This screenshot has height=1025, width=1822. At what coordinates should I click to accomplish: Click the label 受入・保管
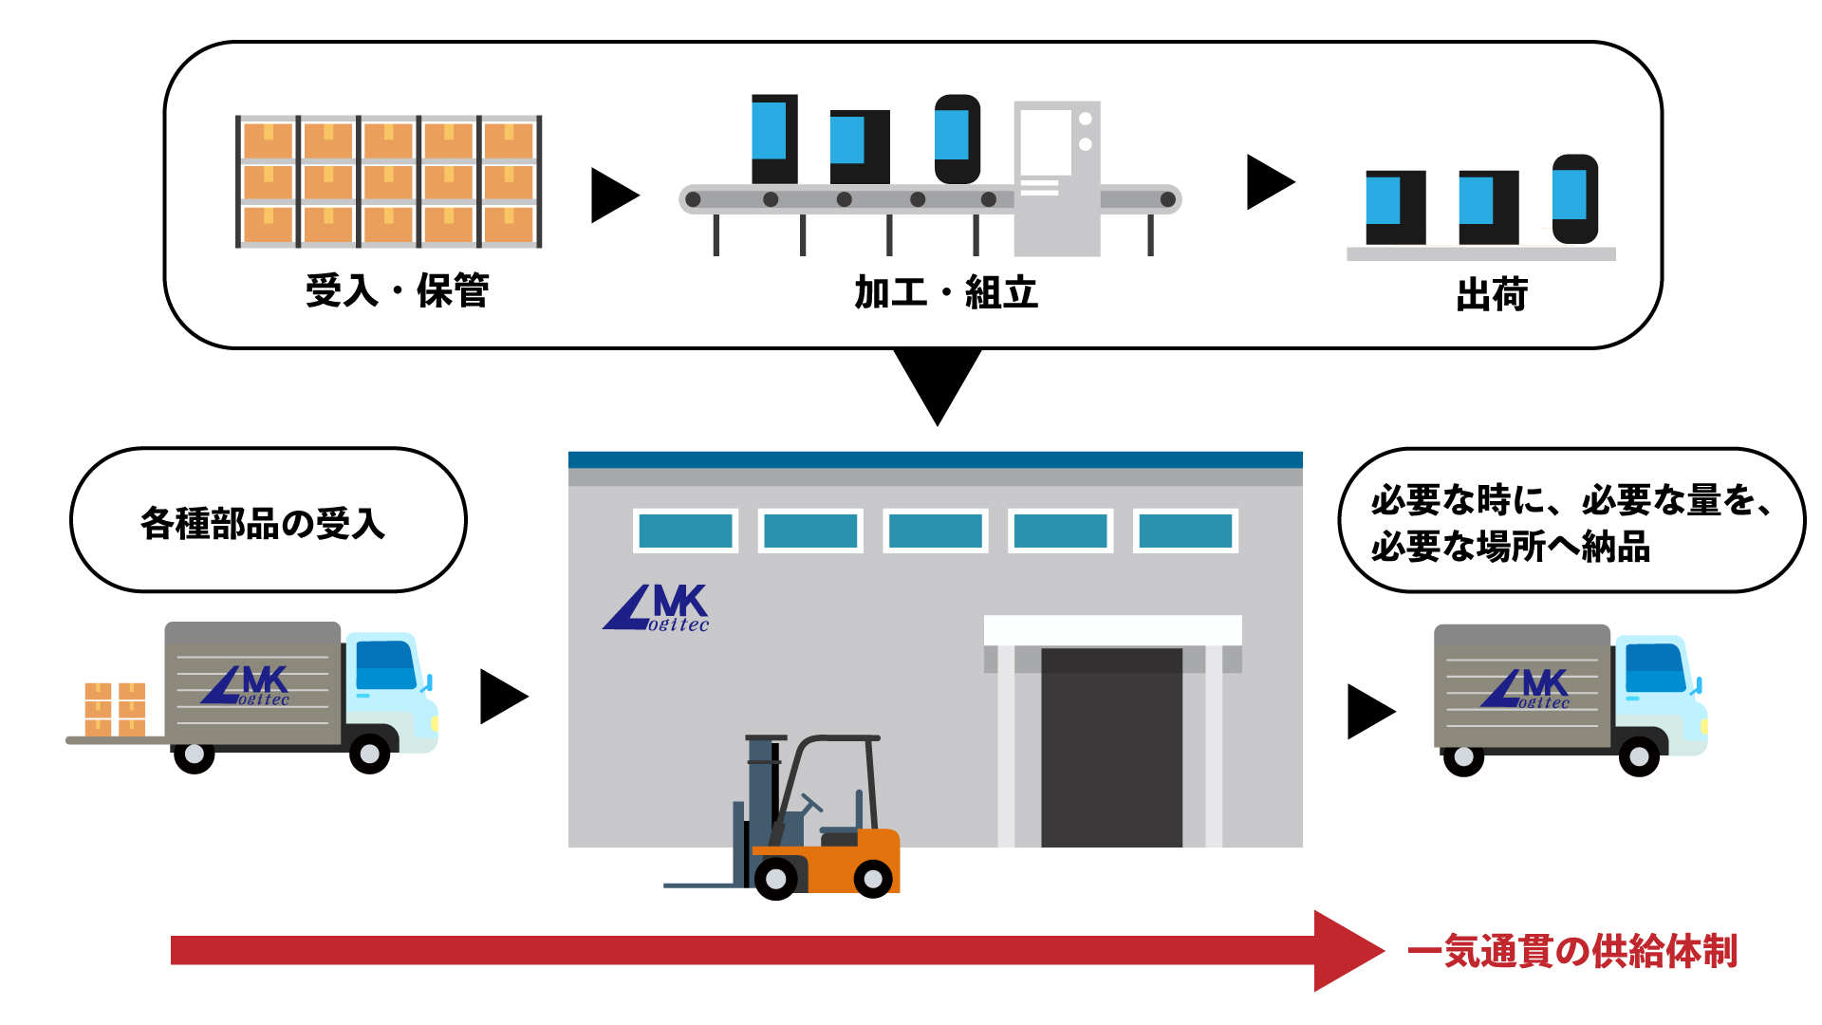397,290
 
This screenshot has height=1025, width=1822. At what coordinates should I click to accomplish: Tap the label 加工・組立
946,292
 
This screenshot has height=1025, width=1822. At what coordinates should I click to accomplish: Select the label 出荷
1492,295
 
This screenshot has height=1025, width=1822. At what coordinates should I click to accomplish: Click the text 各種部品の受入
263,523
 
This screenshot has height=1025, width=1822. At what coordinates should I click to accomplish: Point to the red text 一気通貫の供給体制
1571,951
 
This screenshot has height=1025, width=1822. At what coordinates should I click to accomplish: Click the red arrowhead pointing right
1346,951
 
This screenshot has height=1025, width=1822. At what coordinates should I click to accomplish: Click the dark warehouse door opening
1111,747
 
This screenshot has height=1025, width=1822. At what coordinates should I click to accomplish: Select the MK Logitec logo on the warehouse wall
656,608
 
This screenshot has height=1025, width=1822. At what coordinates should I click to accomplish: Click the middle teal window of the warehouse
936,531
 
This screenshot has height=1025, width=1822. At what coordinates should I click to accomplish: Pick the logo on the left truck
245,685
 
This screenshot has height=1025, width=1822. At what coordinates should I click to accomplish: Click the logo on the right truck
1525,689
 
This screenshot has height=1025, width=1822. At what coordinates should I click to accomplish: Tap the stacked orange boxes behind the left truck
115,709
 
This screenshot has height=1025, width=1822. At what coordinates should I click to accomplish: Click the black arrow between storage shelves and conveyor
615,196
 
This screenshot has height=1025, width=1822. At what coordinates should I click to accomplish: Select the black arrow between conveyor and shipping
1271,181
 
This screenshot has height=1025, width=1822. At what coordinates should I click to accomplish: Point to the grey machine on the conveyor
1057,178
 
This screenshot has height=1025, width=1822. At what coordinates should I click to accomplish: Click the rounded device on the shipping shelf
1575,199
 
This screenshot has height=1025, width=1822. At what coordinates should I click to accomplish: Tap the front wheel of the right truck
1639,756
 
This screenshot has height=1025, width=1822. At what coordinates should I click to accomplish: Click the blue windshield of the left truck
385,665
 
